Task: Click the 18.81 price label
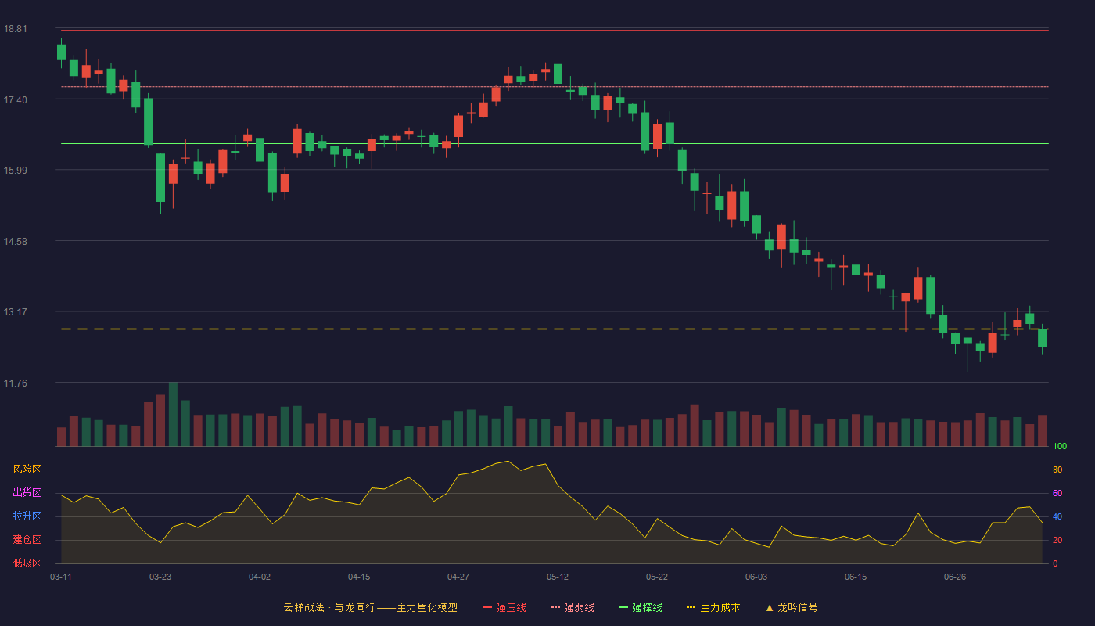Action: point(15,29)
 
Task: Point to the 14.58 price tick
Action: point(15,242)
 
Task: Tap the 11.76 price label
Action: point(15,383)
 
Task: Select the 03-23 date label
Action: point(160,577)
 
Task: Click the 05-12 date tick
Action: point(558,577)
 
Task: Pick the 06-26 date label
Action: point(955,577)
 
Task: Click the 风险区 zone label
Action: point(27,469)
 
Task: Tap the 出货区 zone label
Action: point(27,492)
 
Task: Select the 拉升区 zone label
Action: point(27,516)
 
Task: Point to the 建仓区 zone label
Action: point(27,539)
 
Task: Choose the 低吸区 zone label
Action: point(27,563)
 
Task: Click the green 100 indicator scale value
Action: point(1060,446)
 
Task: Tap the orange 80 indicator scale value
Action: point(1057,469)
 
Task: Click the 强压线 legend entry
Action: point(504,607)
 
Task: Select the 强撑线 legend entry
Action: point(641,607)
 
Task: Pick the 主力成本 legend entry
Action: point(713,607)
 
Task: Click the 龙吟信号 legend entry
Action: point(792,607)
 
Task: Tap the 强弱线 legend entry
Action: point(573,607)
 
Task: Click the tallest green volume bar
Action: point(173,414)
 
